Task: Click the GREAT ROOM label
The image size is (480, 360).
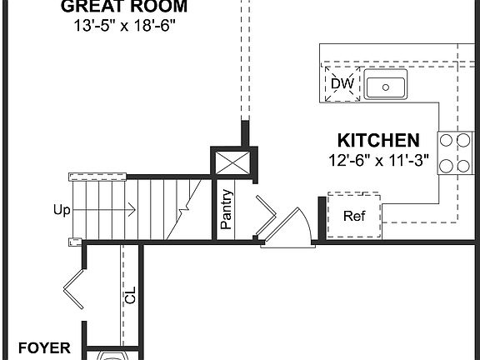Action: point(124,7)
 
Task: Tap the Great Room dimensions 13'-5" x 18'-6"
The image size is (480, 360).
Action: point(124,26)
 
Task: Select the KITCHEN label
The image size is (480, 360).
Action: point(377,140)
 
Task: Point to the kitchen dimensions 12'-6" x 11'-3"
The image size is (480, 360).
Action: point(377,160)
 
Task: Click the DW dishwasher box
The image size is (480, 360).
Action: point(342,83)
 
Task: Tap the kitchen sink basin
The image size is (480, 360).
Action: point(384,85)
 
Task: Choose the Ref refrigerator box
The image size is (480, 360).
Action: point(355,215)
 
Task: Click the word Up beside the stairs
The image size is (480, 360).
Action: point(62,211)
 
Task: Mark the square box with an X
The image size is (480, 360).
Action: point(232,162)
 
